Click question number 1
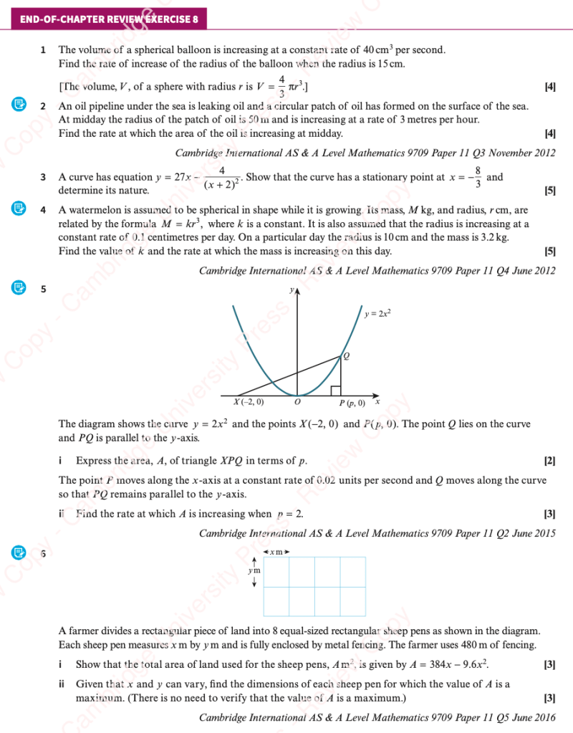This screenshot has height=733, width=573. pyautogui.click(x=44, y=50)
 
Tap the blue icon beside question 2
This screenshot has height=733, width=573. pyautogui.click(x=19, y=105)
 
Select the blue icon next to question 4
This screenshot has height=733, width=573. pyautogui.click(x=19, y=210)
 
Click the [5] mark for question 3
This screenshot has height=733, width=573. pyautogui.click(x=549, y=191)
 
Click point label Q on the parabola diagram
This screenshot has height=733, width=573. pyautogui.click(x=347, y=356)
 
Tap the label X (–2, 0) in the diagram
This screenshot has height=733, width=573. pyautogui.click(x=249, y=403)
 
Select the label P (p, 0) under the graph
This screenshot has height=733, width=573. pyautogui.click(x=352, y=403)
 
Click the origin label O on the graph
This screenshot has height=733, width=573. pyautogui.click(x=297, y=403)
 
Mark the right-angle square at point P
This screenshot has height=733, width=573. pyautogui.click(x=335, y=391)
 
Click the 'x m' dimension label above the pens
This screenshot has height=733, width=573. pyautogui.click(x=276, y=552)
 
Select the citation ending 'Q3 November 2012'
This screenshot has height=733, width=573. pyautogui.click(x=365, y=153)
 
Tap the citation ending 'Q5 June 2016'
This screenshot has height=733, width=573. pyautogui.click(x=377, y=717)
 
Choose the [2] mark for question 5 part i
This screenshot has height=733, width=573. pyautogui.click(x=549, y=461)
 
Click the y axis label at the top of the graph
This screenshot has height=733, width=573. pyautogui.click(x=292, y=290)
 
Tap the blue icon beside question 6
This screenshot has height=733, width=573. pyautogui.click(x=19, y=552)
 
